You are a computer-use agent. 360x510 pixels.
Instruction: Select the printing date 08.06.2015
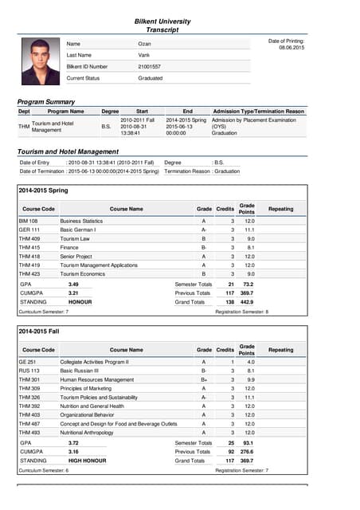point(291,48)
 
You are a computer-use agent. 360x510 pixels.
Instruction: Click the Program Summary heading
point(46,102)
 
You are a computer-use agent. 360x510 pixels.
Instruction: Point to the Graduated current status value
point(150,78)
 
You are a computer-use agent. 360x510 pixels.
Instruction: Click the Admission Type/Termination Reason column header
point(258,112)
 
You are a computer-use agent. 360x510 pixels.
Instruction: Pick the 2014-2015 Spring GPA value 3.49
point(73,284)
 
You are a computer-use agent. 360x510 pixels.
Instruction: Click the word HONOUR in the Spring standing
point(80,302)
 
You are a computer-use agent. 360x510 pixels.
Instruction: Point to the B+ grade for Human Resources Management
point(204,379)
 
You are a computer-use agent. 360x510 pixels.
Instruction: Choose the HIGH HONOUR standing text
point(87,460)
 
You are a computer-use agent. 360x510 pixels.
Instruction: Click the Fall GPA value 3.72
point(73,442)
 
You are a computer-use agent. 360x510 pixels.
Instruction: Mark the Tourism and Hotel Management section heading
point(68,151)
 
